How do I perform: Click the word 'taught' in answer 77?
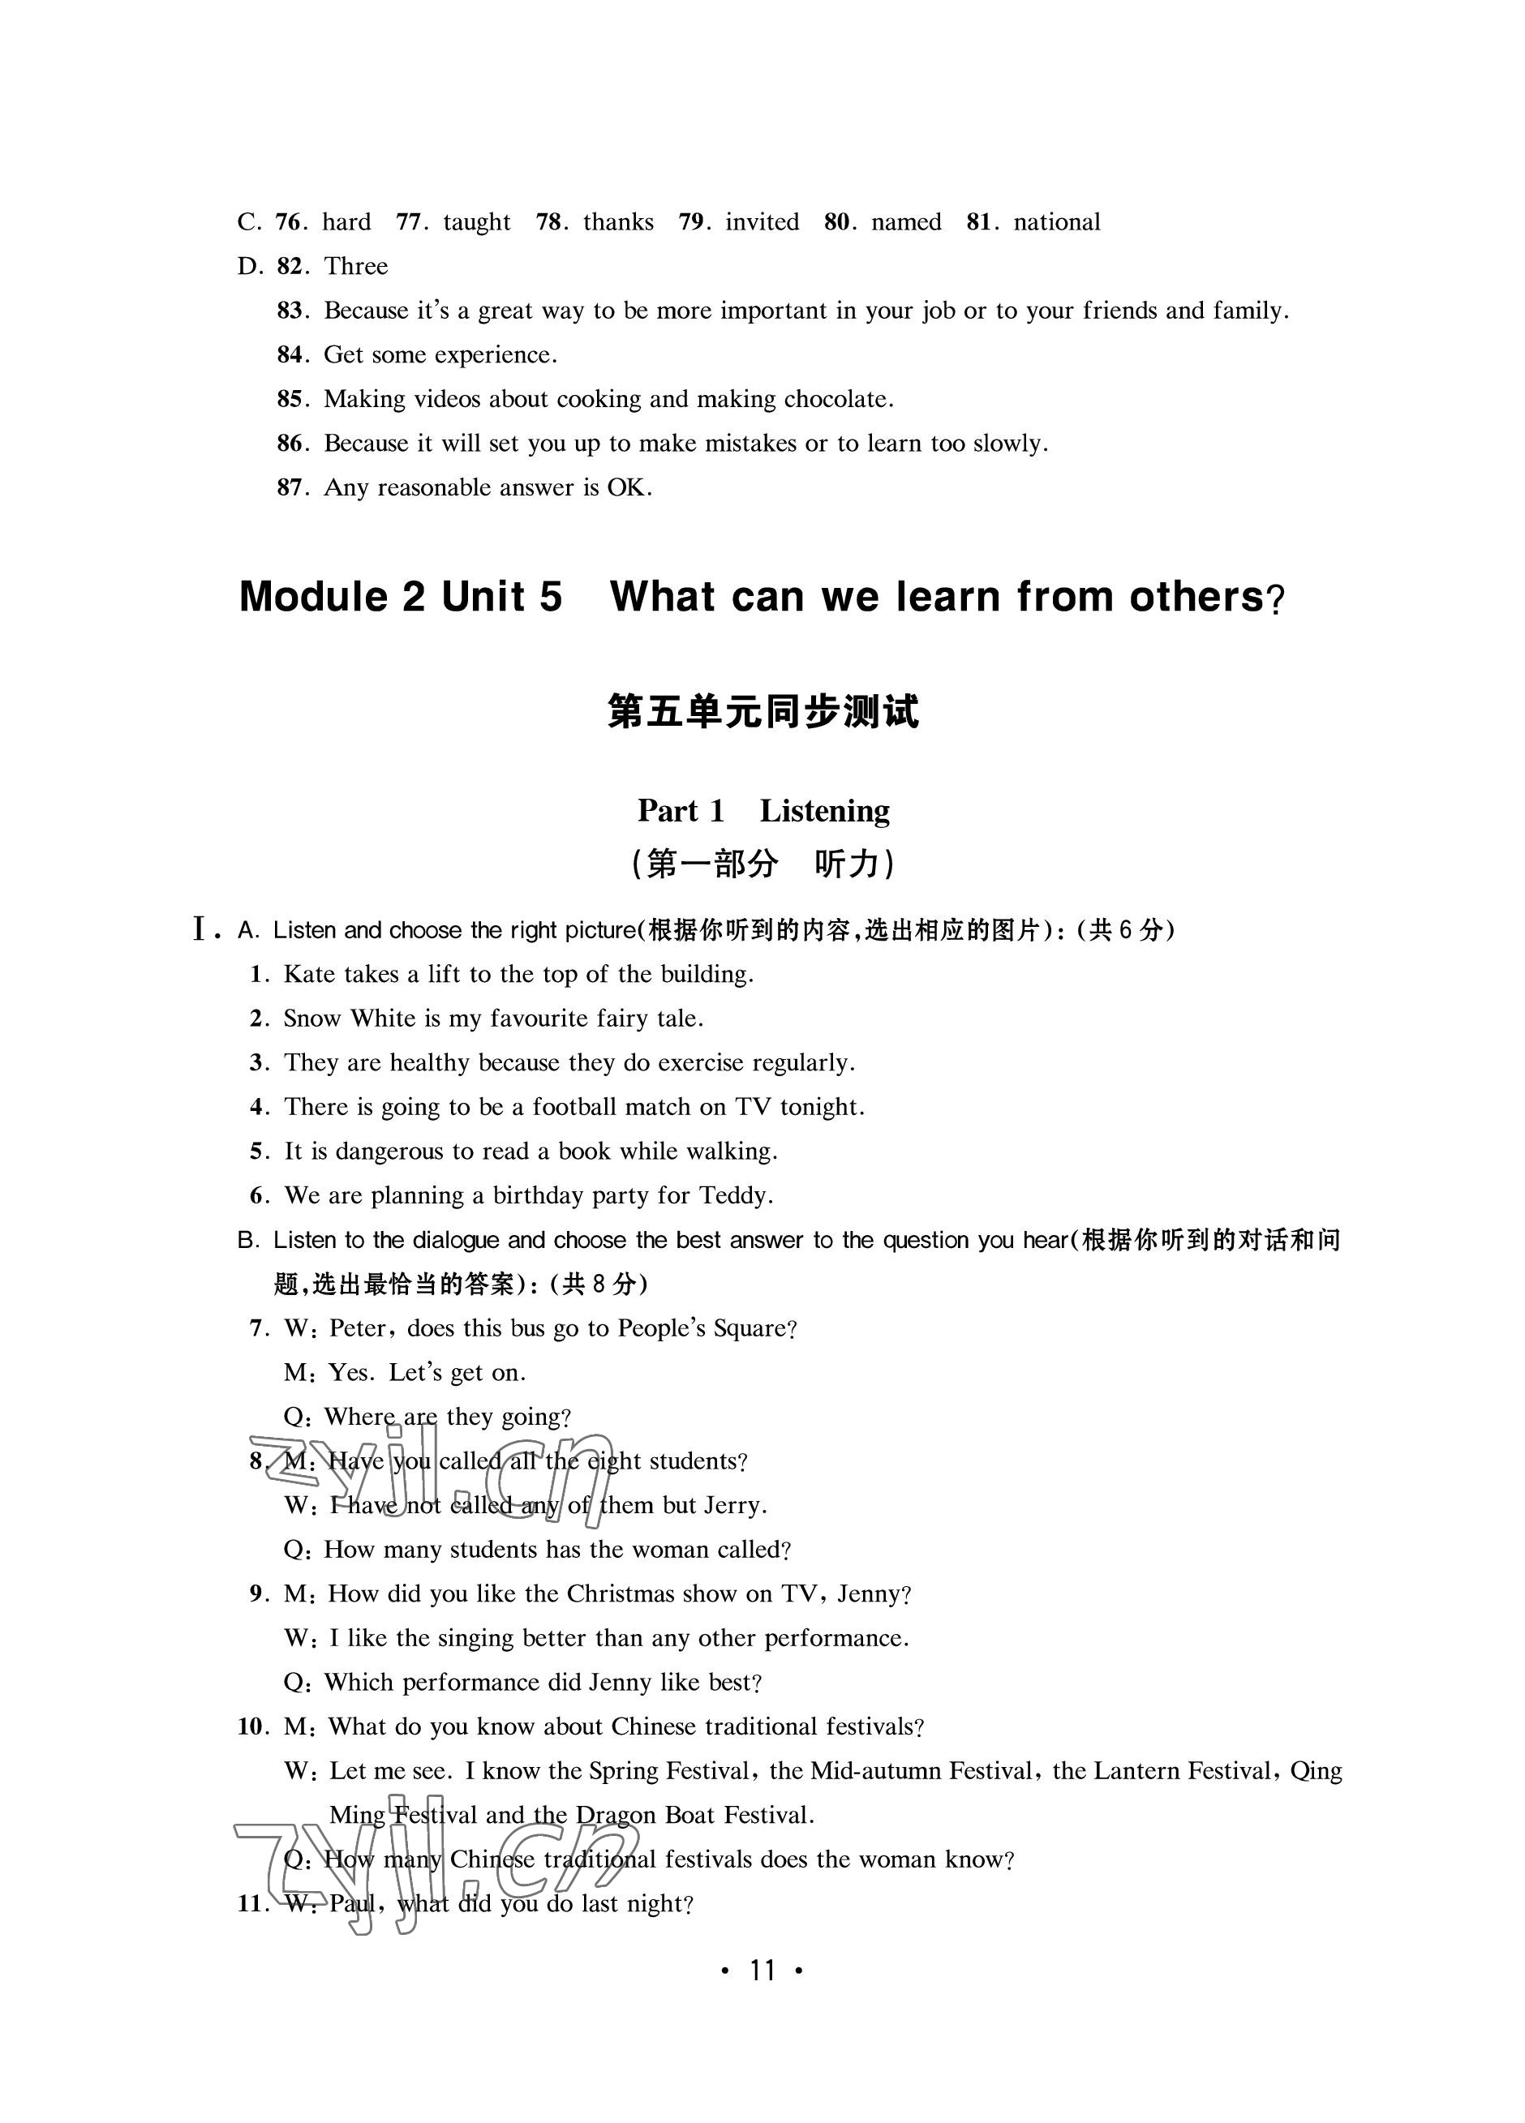[x=476, y=222]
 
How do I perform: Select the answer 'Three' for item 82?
[x=356, y=266]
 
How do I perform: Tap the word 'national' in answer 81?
[x=1057, y=222]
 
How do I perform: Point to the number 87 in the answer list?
[x=290, y=487]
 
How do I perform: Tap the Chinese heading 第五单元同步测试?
[x=763, y=710]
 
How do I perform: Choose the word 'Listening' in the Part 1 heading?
[x=824, y=811]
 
